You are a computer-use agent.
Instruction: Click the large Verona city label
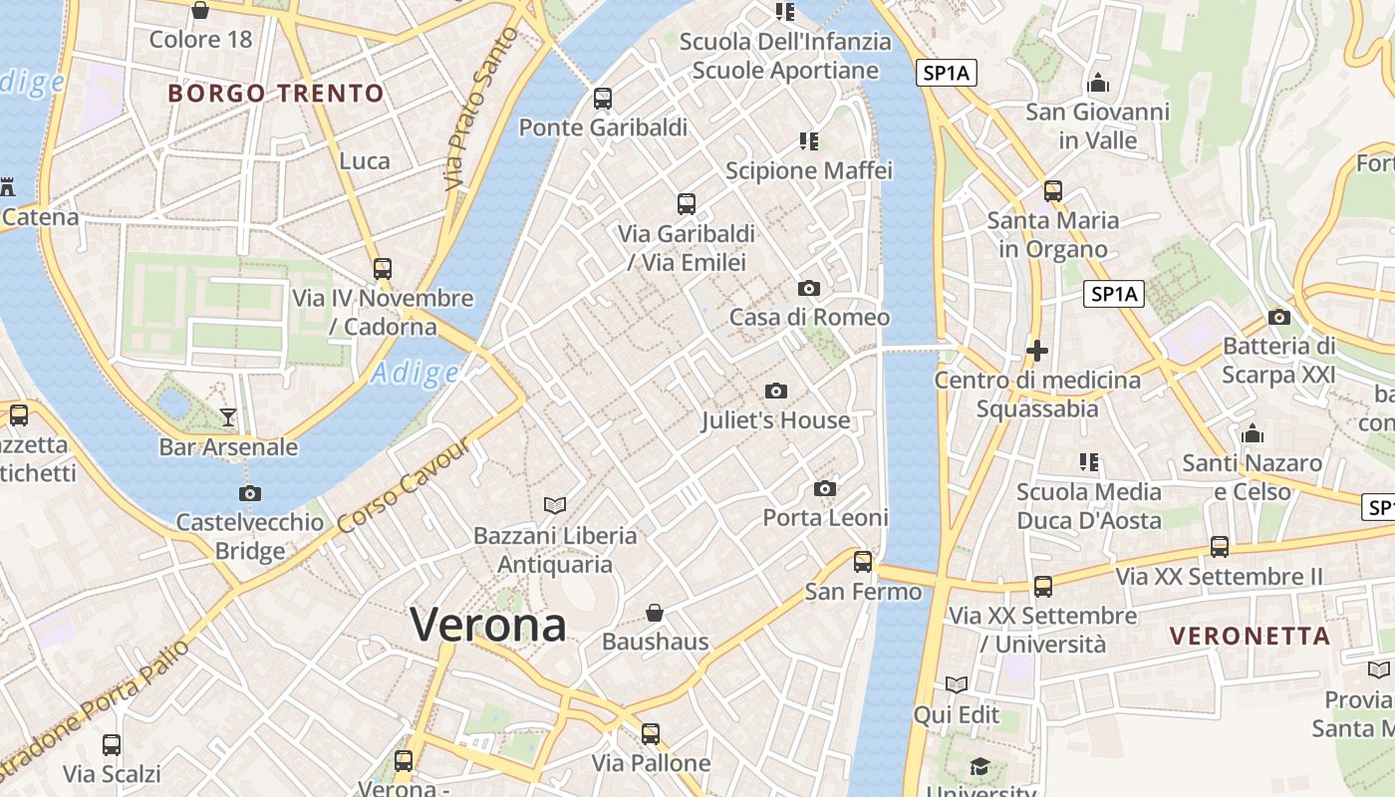(488, 626)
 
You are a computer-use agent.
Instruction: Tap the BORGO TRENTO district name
(276, 94)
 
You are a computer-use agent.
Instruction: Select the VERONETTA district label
(1250, 636)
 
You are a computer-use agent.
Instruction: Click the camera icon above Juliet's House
(776, 392)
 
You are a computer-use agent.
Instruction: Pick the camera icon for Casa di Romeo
(809, 289)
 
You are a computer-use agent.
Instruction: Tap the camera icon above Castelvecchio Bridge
(250, 493)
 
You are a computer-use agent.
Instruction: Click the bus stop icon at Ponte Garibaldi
(603, 99)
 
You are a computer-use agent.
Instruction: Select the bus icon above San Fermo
(863, 562)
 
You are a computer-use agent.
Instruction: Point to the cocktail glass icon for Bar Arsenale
(228, 416)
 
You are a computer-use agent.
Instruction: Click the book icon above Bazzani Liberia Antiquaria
(554, 506)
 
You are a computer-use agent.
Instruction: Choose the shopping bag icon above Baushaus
(655, 612)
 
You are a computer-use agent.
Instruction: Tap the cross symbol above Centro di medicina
(1037, 351)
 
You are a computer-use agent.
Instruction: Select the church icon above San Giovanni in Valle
(1098, 83)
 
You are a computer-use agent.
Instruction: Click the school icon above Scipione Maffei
(809, 141)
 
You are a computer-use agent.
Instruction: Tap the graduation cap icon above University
(980, 766)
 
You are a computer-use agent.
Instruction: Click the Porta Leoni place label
(825, 518)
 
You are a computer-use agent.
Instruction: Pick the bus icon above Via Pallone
(651, 734)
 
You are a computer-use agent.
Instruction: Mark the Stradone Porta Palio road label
(95, 709)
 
